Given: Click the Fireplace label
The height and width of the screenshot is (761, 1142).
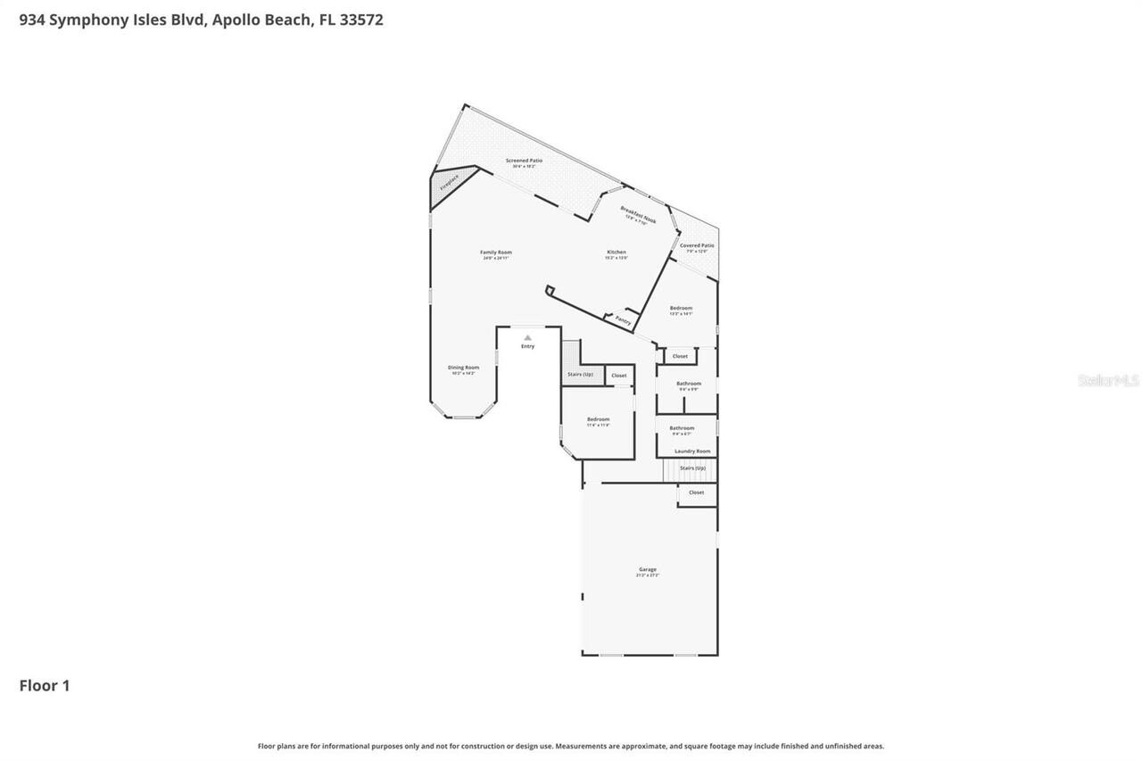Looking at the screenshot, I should tap(449, 183).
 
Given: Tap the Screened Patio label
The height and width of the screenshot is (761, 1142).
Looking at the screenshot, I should tap(524, 161).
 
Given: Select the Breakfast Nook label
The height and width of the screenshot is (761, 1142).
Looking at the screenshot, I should tap(639, 213).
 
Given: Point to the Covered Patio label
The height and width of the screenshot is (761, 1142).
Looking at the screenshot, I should tap(697, 245).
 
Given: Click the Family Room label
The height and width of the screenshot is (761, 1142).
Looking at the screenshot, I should tap(496, 252).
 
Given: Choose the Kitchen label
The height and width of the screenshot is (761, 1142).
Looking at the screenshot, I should tap(617, 252).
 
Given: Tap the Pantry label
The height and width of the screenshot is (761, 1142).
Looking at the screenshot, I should tap(623, 319).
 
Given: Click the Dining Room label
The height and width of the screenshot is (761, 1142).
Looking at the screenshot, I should tap(463, 368).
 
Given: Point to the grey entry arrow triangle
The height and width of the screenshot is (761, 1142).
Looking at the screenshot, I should tap(528, 337).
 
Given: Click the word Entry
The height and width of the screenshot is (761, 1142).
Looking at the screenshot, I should tap(528, 346).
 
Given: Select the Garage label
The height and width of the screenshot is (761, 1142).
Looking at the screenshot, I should tap(648, 569).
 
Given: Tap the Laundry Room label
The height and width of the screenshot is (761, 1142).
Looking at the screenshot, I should tap(692, 451).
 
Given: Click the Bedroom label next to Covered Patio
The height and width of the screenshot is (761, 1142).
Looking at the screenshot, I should tap(681, 309).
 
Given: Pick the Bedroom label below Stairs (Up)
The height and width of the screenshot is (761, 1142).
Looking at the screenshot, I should tap(598, 419).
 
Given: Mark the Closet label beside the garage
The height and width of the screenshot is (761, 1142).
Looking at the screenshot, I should tap(696, 492).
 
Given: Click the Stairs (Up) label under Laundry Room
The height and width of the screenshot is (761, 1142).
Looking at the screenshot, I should tap(692, 467).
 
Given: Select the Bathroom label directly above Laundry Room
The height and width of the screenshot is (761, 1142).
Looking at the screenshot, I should tap(682, 428).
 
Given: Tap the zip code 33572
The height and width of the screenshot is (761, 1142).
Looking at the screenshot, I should tap(361, 20).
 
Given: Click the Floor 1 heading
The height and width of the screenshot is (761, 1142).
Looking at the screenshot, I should tap(45, 686).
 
